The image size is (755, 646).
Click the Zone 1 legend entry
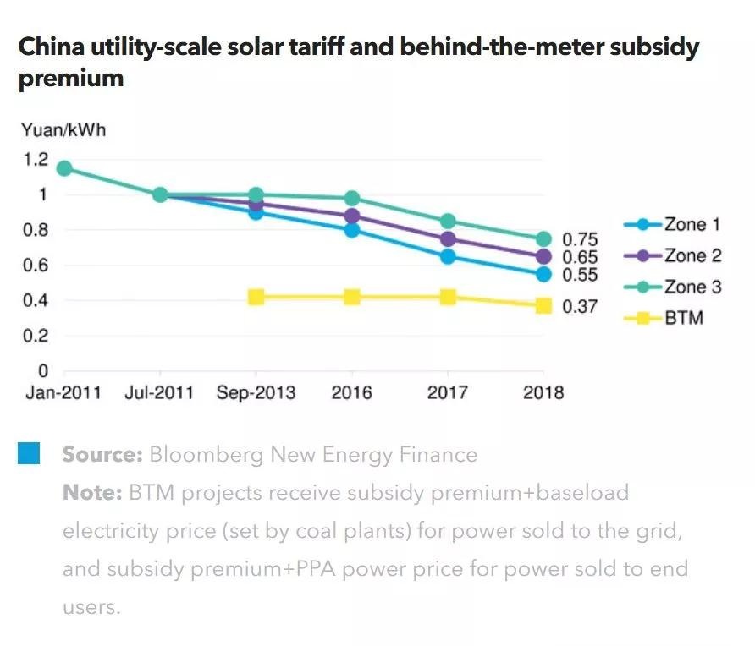pyautogui.click(x=673, y=225)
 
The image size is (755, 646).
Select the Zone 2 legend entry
pyautogui.click(x=673, y=256)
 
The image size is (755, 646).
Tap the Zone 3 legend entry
pyautogui.click(x=673, y=287)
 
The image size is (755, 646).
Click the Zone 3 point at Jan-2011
pyautogui.click(x=63, y=168)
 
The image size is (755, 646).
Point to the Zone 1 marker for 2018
pyautogui.click(x=543, y=274)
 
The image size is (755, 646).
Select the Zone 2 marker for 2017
pyautogui.click(x=448, y=239)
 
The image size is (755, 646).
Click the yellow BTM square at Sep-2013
pyautogui.click(x=256, y=297)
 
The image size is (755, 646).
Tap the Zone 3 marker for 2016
pyautogui.click(x=351, y=199)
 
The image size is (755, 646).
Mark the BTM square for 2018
pyautogui.click(x=543, y=305)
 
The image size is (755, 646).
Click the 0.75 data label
pyautogui.click(x=581, y=239)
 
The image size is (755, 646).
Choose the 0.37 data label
pyautogui.click(x=581, y=307)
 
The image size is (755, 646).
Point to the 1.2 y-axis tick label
pyautogui.click(x=35, y=160)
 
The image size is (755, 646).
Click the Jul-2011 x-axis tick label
pyautogui.click(x=159, y=393)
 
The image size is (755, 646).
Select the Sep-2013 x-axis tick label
pyautogui.click(x=256, y=393)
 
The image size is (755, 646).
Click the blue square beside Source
pyautogui.click(x=30, y=453)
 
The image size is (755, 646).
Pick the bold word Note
pyautogui.click(x=92, y=493)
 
